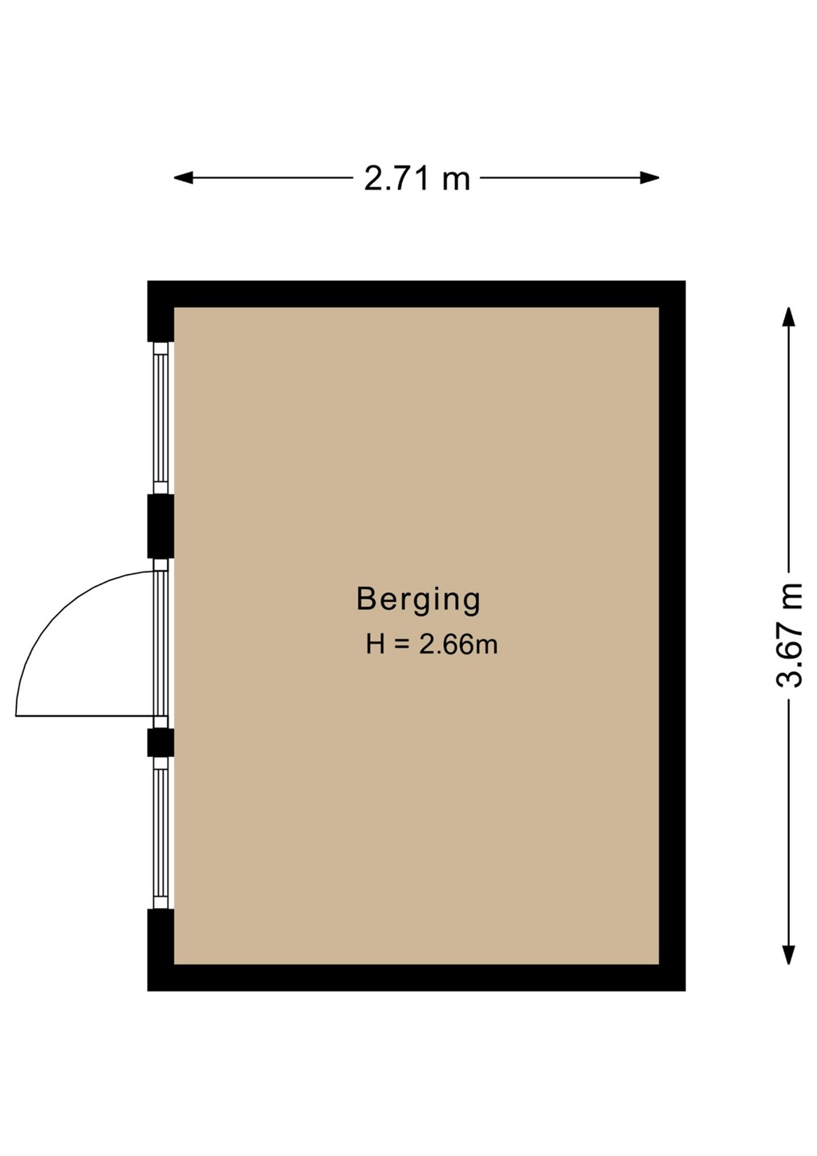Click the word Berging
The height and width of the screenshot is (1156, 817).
[x=418, y=600]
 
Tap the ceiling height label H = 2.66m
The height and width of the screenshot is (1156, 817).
[x=432, y=645]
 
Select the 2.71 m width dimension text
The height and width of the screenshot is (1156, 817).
[x=417, y=178]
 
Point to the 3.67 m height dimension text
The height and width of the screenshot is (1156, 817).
[x=789, y=635]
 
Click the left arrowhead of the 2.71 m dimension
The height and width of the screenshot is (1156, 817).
[x=183, y=178]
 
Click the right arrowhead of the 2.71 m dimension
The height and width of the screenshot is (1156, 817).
[x=649, y=178]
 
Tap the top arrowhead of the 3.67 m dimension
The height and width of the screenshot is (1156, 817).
[x=788, y=317]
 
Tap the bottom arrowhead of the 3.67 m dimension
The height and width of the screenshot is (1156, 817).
[x=788, y=955]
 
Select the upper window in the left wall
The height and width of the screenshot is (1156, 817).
[x=161, y=418]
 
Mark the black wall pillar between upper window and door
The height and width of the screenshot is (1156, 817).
[x=161, y=527]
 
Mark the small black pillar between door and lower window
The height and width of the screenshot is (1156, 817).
[x=161, y=742]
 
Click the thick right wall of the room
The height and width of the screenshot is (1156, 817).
[x=672, y=636]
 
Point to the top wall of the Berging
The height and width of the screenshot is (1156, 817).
[x=417, y=294]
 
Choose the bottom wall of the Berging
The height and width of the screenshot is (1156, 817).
[x=417, y=978]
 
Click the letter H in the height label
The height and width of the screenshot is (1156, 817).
[x=375, y=645]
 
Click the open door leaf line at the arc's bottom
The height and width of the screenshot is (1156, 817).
[x=85, y=716]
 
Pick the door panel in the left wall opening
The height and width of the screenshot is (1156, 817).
[x=161, y=643]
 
